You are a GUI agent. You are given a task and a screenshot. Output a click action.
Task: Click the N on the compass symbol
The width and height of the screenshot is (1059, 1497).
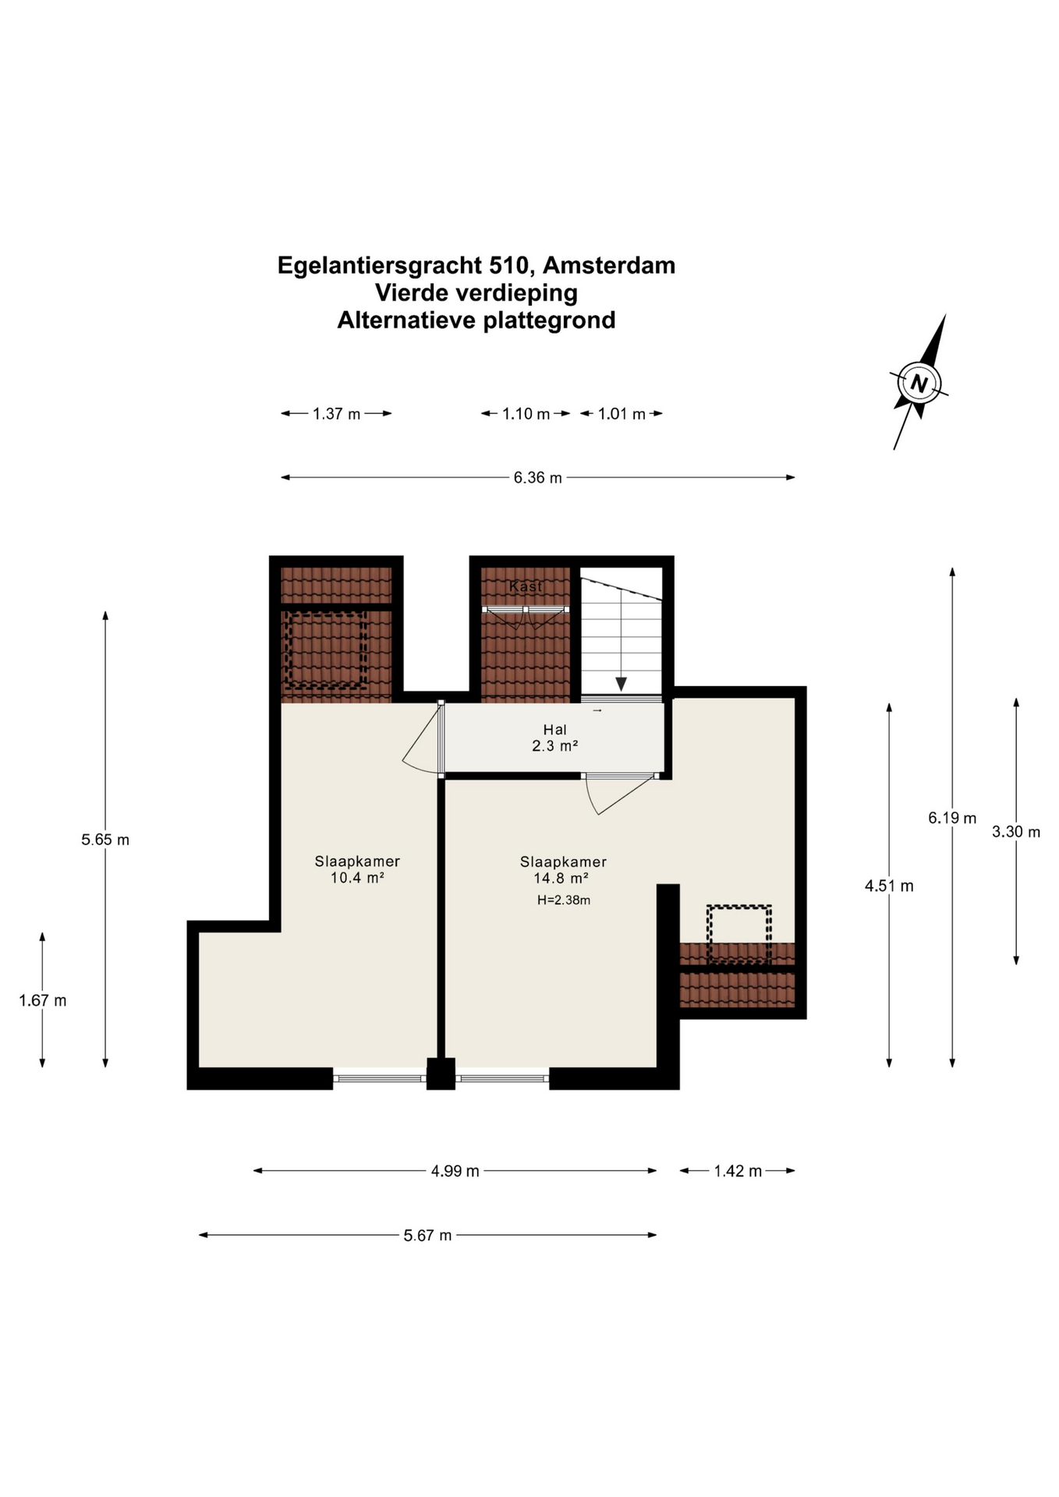919,384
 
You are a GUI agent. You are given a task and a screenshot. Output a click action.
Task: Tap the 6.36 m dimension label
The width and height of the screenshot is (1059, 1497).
537,478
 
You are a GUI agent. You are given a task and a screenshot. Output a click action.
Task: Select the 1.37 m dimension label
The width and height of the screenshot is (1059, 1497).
336,414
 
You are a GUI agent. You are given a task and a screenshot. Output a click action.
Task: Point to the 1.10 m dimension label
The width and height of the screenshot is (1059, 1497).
526,414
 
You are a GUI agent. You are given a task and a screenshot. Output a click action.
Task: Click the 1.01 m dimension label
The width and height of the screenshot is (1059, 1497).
622,414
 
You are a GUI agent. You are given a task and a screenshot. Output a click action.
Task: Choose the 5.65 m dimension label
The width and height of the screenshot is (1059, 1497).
105,840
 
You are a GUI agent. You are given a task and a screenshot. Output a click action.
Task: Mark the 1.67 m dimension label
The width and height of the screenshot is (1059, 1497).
43,1000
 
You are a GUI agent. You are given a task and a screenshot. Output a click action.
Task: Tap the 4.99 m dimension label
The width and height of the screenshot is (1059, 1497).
455,1171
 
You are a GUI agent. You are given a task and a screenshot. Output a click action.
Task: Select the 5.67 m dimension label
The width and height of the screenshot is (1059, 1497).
427,1235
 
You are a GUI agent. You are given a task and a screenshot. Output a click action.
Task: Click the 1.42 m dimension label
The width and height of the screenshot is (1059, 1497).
738,1171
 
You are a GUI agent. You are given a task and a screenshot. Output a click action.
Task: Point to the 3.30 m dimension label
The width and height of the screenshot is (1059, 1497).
1016,832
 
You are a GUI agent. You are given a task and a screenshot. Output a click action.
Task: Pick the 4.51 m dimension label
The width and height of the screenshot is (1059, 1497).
889,886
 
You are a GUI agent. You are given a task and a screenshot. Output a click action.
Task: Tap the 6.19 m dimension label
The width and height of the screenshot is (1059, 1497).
952,818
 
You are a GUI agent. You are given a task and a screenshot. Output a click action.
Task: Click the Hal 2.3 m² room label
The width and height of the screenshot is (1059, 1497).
554,738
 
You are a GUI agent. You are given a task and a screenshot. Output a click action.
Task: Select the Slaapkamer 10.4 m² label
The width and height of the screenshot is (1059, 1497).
357,869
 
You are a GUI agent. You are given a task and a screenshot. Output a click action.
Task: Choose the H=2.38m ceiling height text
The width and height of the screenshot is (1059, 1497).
563,901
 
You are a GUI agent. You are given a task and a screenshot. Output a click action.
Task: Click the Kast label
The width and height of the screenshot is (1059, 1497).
525,586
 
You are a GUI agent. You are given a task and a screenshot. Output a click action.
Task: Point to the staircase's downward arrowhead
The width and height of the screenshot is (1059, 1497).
621,684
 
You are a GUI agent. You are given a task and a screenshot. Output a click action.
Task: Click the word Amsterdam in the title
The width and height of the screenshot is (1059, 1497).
609,266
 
